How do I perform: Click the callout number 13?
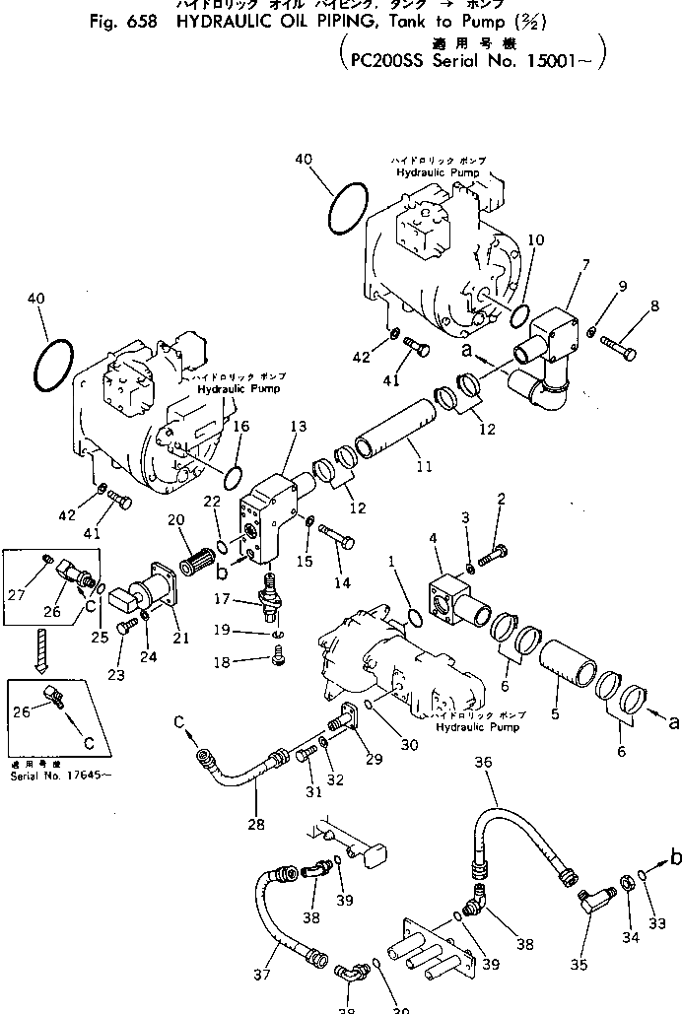point(299,426)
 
